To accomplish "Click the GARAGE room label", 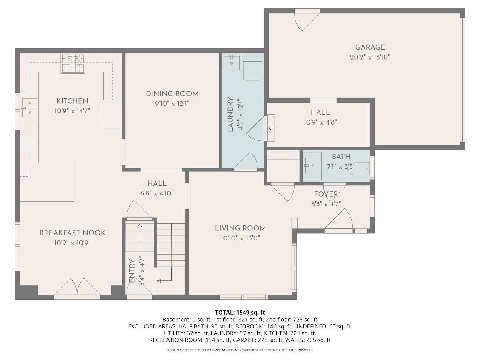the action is [x=370, y=47].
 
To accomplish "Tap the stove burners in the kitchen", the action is [x=73, y=63].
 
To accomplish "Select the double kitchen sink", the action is [x=30, y=107].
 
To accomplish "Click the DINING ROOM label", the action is [x=172, y=94].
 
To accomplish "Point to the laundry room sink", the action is [x=232, y=63].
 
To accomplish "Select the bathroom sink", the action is [x=312, y=165].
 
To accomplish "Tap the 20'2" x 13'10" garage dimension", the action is [x=370, y=57].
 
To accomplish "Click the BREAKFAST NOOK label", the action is [x=72, y=232].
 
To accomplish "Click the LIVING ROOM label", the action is [x=240, y=228].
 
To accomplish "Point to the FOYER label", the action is [x=326, y=194].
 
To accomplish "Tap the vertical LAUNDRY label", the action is [x=230, y=115].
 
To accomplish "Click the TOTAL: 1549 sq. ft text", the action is [x=240, y=312].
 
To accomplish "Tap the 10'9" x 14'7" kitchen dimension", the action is [x=72, y=111].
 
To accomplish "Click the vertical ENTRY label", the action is [x=132, y=271].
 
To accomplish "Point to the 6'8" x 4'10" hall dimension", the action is [x=157, y=193].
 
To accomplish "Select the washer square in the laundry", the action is [x=252, y=70].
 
